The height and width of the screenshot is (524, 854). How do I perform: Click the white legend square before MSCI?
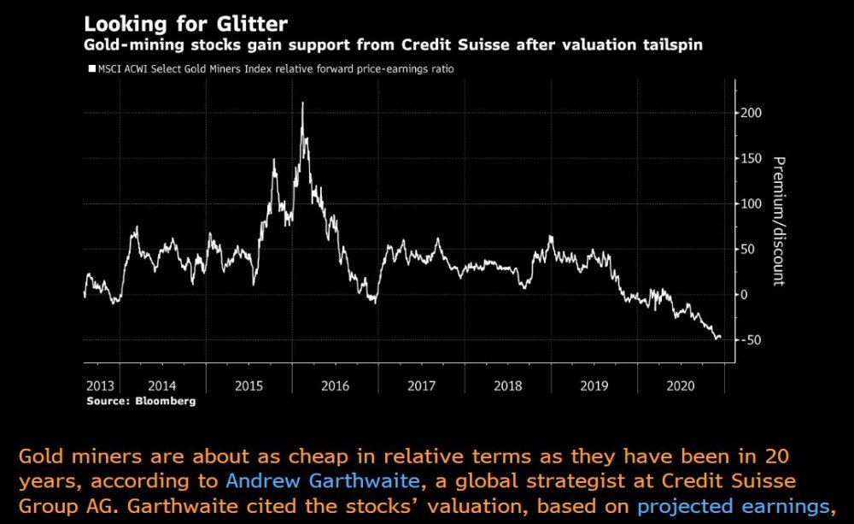click(x=91, y=68)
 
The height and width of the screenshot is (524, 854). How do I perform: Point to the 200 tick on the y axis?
click(x=752, y=113)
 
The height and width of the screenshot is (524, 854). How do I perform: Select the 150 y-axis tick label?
click(x=752, y=158)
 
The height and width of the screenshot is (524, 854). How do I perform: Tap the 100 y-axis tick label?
click(x=752, y=203)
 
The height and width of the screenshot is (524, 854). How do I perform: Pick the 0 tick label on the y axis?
click(x=744, y=295)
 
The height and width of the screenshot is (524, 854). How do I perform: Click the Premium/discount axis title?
click(x=779, y=221)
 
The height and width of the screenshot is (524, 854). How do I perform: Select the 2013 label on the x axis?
click(x=101, y=386)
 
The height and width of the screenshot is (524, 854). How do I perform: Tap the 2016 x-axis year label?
click(x=335, y=386)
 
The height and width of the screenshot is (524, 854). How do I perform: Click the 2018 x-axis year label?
click(x=507, y=386)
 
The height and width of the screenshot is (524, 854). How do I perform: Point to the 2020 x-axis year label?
click(x=680, y=386)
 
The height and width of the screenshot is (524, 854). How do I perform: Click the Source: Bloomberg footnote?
click(x=141, y=400)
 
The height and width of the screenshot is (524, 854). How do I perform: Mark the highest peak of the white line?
click(x=302, y=103)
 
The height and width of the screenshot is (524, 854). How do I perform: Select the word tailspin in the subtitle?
click(x=671, y=45)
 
